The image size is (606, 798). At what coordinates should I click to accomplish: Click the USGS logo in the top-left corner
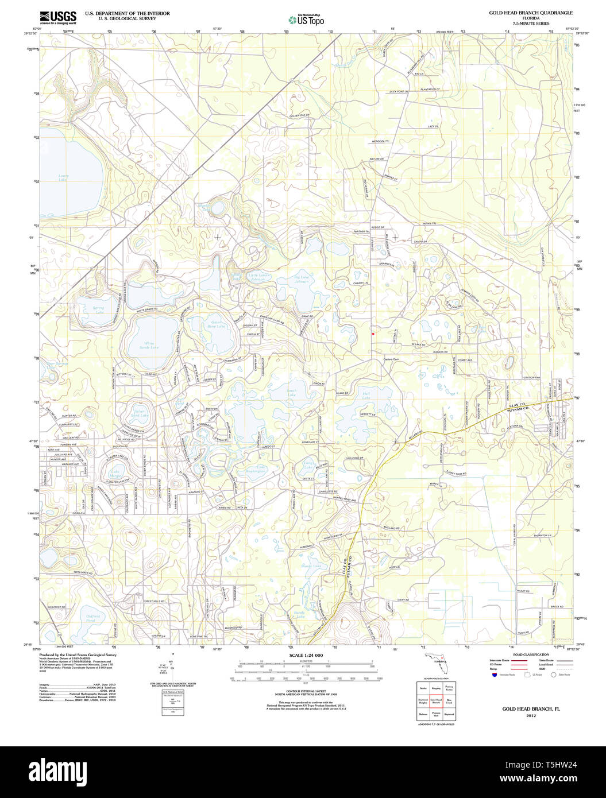click(x=57, y=17)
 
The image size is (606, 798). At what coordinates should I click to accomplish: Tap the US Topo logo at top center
click(x=306, y=20)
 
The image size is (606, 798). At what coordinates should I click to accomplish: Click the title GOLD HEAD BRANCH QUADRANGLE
click(x=530, y=13)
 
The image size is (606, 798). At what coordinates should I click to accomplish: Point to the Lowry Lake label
click(x=63, y=178)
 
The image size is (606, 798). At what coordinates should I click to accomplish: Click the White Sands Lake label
click(x=150, y=345)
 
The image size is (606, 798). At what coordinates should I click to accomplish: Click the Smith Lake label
click(x=292, y=393)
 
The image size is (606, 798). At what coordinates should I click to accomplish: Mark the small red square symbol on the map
click(x=373, y=332)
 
